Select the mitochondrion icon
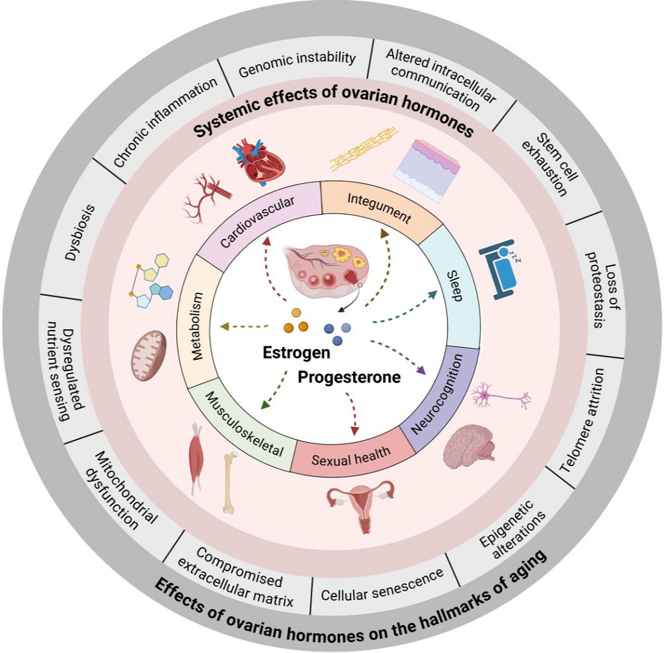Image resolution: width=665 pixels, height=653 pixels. tap(148, 355)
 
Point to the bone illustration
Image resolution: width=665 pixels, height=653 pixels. tap(229, 482)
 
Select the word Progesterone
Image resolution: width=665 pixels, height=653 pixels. tap(348, 378)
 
